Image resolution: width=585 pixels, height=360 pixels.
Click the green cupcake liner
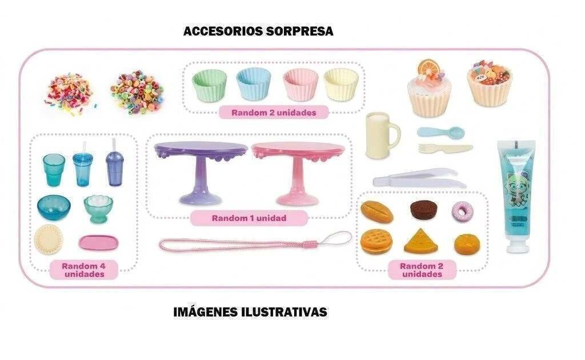pyautogui.click(x=209, y=85)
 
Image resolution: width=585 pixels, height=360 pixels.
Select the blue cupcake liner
pyautogui.click(x=253, y=83)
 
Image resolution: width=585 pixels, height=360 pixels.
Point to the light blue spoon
pyautogui.click(x=441, y=131)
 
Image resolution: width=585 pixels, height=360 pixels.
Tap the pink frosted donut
pyautogui.click(x=463, y=211)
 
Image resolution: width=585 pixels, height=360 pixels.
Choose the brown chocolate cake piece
pyautogui.click(x=424, y=210)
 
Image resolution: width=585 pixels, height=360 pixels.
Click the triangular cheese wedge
pyautogui.click(x=421, y=241)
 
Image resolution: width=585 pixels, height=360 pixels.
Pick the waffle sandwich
pyautogui.click(x=376, y=241)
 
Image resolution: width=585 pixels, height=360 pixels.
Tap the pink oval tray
pyautogui.click(x=98, y=243)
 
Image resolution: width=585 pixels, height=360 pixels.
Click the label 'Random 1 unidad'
pyautogui.click(x=249, y=218)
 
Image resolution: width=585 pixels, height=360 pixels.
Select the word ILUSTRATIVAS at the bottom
pyautogui.click(x=284, y=312)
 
